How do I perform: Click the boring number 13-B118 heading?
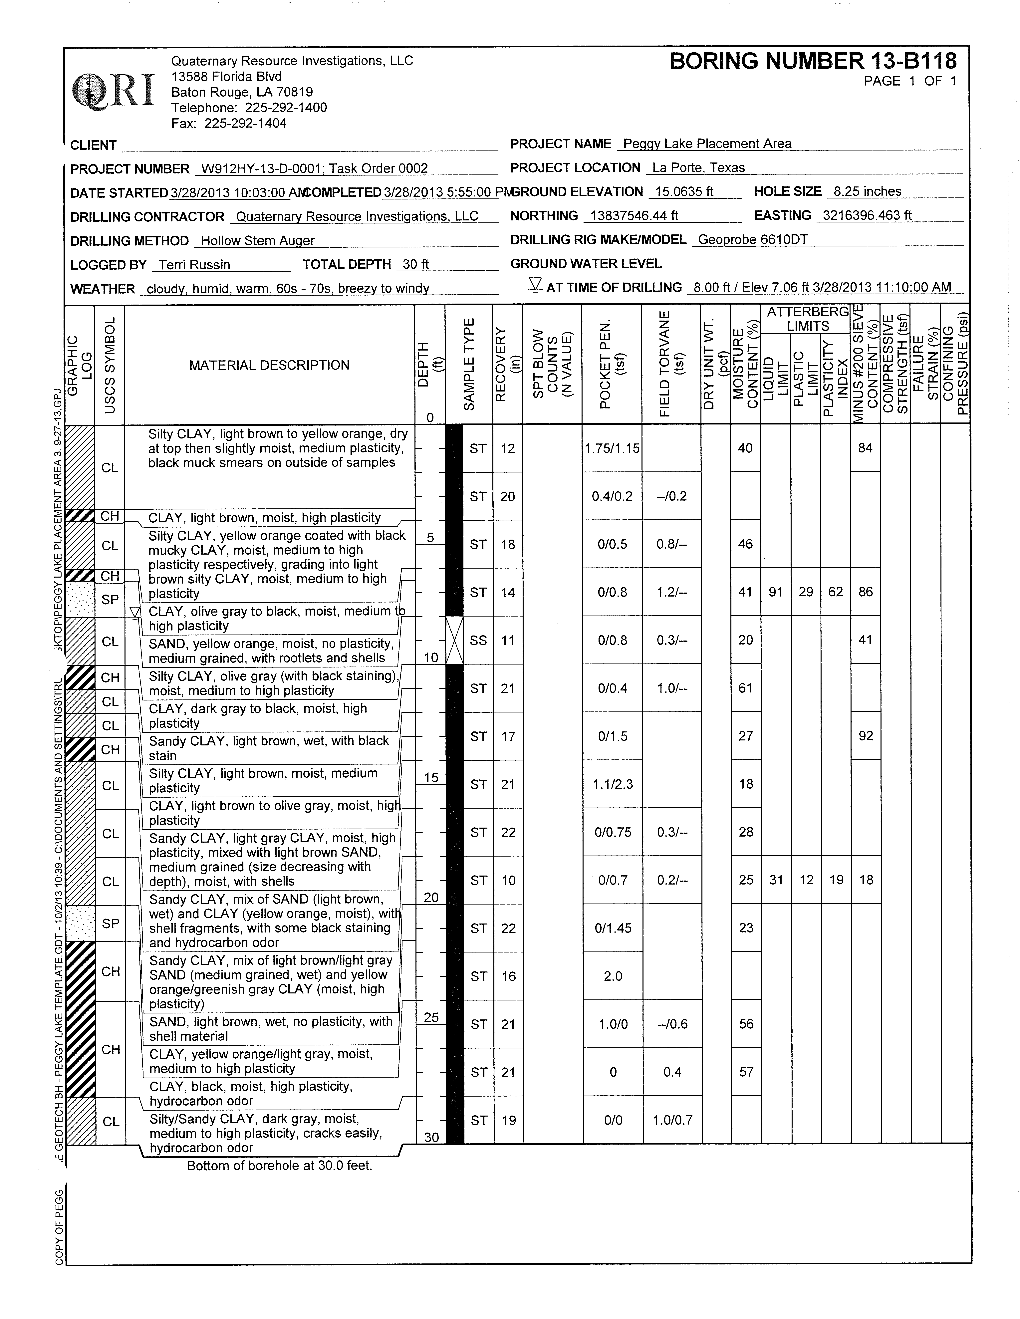(813, 61)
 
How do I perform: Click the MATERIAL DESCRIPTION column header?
(269, 365)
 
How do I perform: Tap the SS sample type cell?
(478, 640)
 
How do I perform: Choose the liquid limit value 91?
(775, 592)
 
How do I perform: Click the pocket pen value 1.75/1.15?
(612, 448)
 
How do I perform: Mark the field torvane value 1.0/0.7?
(672, 1121)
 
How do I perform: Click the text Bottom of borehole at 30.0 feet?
(280, 1166)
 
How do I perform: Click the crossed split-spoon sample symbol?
(454, 640)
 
